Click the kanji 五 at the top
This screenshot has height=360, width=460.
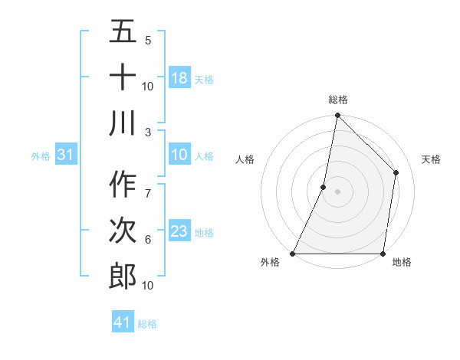(x=123, y=33)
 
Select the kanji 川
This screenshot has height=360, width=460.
(x=123, y=123)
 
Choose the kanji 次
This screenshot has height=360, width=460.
(x=123, y=231)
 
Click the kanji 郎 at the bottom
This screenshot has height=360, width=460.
(x=123, y=277)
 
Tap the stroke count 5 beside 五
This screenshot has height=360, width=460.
(x=148, y=40)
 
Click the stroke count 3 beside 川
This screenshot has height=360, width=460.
(x=148, y=132)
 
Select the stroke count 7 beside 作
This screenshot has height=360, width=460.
(x=148, y=185)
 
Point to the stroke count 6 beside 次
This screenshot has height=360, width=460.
(x=148, y=240)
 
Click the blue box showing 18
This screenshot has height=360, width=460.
(x=179, y=78)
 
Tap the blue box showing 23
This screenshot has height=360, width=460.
(x=179, y=231)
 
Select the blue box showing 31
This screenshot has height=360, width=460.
(x=65, y=155)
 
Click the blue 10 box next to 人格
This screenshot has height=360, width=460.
(x=179, y=155)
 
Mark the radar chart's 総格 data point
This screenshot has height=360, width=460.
(x=337, y=116)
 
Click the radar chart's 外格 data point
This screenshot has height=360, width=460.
(x=293, y=254)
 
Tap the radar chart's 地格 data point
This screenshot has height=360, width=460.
(x=383, y=254)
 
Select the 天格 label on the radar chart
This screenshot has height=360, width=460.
(x=431, y=159)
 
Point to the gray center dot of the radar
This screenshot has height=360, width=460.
(x=337, y=192)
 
